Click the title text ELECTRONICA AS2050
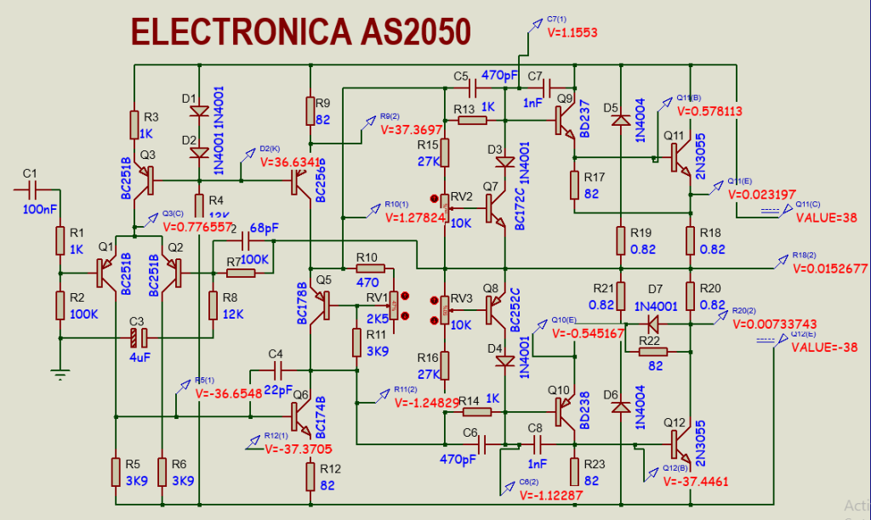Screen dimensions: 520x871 [x=302, y=31]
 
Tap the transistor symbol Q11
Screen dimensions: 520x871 [x=678, y=157]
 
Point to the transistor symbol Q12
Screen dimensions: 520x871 [x=678, y=444]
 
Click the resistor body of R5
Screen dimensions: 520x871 [x=117, y=471]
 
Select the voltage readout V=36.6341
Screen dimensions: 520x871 [x=289, y=161]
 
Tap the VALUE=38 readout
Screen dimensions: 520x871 [x=826, y=217]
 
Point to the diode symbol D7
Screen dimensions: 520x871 [x=653, y=323]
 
